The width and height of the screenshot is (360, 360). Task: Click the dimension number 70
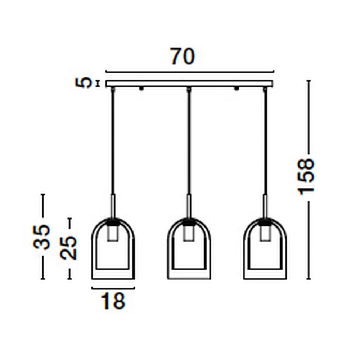pyautogui.click(x=183, y=57)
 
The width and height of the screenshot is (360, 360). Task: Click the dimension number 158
pyautogui.click(x=306, y=176)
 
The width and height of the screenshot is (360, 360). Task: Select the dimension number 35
pyautogui.click(x=41, y=237)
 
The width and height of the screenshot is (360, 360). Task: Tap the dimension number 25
pyautogui.click(x=69, y=248)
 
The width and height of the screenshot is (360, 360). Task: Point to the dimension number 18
pyautogui.click(x=113, y=301)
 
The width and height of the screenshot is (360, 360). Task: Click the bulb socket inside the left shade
pyautogui.click(x=113, y=233)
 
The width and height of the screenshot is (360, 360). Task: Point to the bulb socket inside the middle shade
pyautogui.click(x=189, y=233)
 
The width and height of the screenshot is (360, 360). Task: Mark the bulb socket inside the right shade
pyautogui.click(x=265, y=233)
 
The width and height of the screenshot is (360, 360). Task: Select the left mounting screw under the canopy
pyautogui.click(x=141, y=89)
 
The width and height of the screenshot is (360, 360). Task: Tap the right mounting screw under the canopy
pyautogui.click(x=237, y=89)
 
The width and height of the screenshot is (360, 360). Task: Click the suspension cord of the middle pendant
pyautogui.click(x=189, y=144)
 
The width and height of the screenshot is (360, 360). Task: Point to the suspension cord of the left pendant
pyautogui.click(x=113, y=144)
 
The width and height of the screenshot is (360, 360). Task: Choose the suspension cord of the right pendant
pyautogui.click(x=265, y=144)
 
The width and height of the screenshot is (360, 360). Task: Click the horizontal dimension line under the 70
pyautogui.click(x=189, y=72)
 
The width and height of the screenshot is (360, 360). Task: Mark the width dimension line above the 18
pyautogui.click(x=113, y=288)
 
